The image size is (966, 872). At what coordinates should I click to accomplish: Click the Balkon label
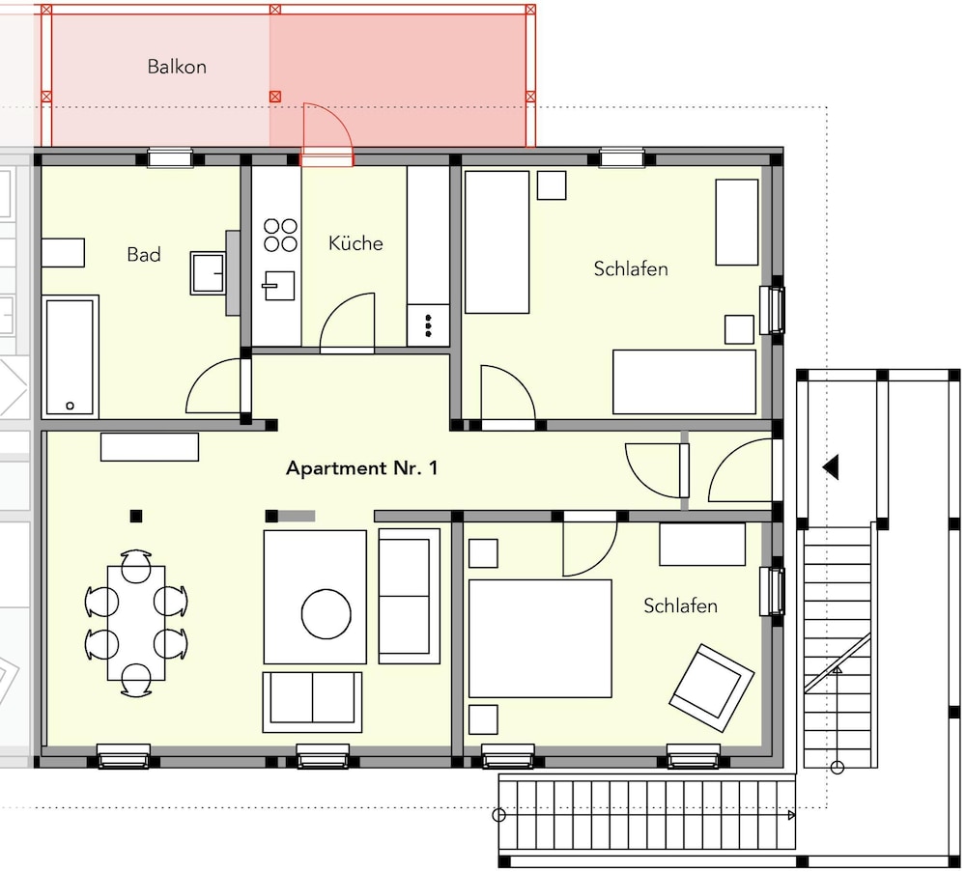point(177,67)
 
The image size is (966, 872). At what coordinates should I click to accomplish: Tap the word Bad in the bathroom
point(144,254)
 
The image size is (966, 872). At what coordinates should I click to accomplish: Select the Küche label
point(355,242)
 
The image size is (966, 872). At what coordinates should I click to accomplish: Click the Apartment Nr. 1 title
point(361,468)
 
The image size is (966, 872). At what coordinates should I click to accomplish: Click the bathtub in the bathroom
point(71,356)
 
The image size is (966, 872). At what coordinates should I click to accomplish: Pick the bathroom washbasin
point(209,272)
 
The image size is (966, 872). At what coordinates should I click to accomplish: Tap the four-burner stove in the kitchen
point(280,236)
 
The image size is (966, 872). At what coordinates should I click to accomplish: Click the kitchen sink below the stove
point(279,286)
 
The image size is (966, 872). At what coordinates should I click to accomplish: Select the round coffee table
point(326,614)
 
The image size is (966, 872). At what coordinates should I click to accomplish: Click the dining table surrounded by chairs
point(136,623)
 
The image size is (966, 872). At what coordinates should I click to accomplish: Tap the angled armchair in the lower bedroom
point(712,688)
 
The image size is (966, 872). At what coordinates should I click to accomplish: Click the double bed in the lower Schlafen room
point(540,638)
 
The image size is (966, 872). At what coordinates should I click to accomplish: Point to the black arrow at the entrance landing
point(831,466)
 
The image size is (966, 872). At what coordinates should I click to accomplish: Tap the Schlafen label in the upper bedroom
point(631,268)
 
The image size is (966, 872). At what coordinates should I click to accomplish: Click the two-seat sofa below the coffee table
point(312,702)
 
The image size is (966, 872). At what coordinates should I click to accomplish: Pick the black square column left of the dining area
point(136,516)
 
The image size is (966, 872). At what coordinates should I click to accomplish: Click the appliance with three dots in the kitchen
point(428,325)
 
